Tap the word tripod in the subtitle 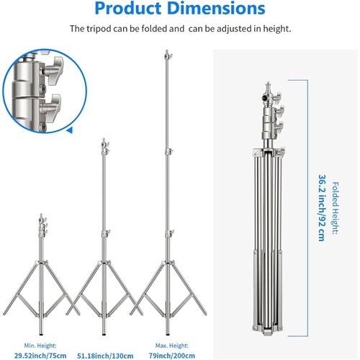[106, 30]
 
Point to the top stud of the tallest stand [167, 53]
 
